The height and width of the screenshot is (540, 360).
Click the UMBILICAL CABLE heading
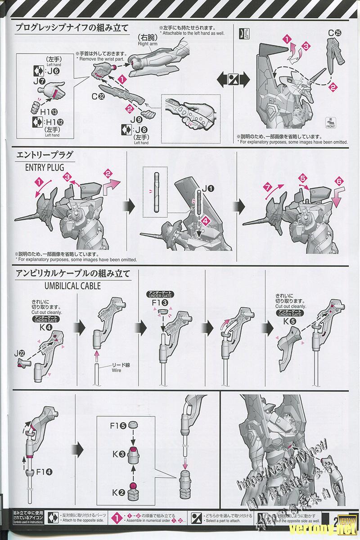coord(72,286)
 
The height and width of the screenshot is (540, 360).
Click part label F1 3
coord(162,303)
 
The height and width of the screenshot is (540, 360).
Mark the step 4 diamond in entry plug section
coord(205,221)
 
